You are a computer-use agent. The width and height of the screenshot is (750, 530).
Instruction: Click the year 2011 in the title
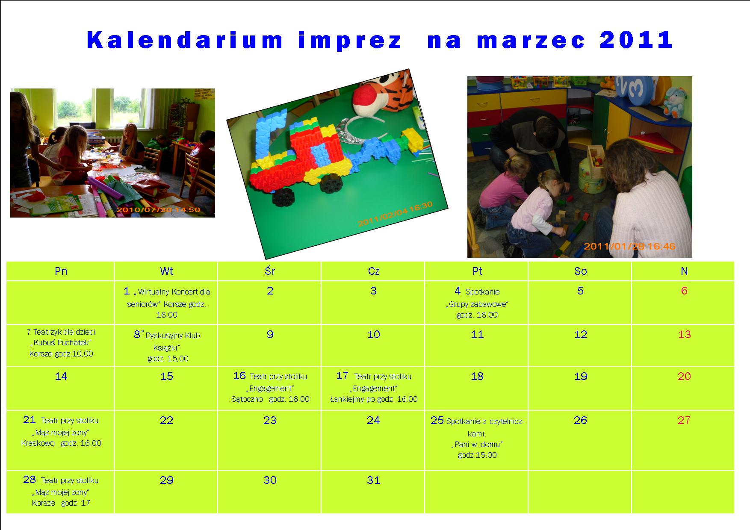[x=636, y=40]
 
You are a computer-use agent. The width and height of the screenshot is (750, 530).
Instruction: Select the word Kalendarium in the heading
[x=185, y=40]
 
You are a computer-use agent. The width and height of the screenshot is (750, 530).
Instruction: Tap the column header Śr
[x=270, y=271]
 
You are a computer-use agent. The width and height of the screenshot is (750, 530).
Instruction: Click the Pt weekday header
[x=477, y=271]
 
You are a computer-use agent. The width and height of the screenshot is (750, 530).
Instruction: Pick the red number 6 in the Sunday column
[x=684, y=291]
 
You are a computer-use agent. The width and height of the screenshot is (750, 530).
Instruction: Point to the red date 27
[x=684, y=420]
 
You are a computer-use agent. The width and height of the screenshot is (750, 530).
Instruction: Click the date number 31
[x=373, y=480]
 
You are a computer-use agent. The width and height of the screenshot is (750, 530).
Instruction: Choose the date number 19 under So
[x=581, y=376]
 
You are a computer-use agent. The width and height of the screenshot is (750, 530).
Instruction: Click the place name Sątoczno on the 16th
[x=247, y=399]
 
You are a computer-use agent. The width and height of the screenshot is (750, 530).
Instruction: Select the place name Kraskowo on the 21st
[x=38, y=443]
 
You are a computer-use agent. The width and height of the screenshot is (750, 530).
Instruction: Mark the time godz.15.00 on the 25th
[x=477, y=455]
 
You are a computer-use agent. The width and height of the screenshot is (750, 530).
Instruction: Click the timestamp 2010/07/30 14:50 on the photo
[x=158, y=210]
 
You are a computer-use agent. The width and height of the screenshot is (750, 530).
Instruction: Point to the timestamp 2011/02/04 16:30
[x=396, y=214]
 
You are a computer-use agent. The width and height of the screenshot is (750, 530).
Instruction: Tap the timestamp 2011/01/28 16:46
[x=629, y=246]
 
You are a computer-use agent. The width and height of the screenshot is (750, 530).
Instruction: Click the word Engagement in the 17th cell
[x=373, y=389]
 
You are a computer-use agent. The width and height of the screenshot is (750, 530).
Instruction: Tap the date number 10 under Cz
[x=373, y=334]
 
